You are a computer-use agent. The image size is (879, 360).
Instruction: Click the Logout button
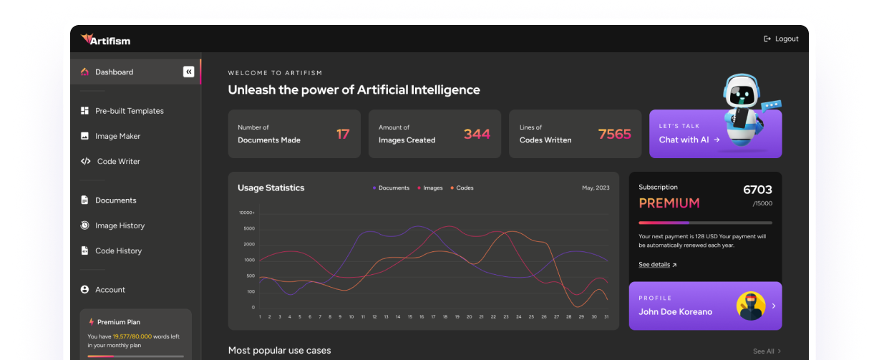tap(781, 39)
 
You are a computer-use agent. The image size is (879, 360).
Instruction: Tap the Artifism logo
tap(106, 39)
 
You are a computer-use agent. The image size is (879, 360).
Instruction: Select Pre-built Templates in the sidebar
tap(129, 111)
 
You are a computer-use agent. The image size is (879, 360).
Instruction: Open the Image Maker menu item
tap(117, 136)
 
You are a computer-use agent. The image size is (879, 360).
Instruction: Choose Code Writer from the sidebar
tap(118, 161)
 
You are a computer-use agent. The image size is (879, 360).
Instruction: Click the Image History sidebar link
tap(120, 225)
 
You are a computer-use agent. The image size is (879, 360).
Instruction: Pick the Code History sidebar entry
tap(118, 250)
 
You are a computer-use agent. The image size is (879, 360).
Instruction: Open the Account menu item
tap(110, 289)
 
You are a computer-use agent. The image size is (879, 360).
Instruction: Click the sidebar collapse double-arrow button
tap(188, 72)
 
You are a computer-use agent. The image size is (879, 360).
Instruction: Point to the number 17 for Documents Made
tap(343, 134)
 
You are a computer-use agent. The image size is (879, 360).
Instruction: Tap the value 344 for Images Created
tap(477, 134)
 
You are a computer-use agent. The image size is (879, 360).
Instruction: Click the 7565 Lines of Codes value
tap(614, 134)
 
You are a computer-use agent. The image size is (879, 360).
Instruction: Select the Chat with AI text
tap(684, 140)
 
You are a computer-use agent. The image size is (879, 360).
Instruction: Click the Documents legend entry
tap(393, 188)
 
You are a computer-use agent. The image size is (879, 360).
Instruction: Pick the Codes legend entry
tap(464, 188)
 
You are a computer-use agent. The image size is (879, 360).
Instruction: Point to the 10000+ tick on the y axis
tap(246, 213)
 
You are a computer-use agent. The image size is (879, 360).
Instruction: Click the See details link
tap(654, 265)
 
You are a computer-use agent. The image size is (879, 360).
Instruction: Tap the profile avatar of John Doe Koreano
tap(751, 306)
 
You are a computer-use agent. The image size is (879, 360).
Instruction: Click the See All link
tap(763, 351)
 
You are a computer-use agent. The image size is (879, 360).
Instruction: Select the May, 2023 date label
tap(596, 188)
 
